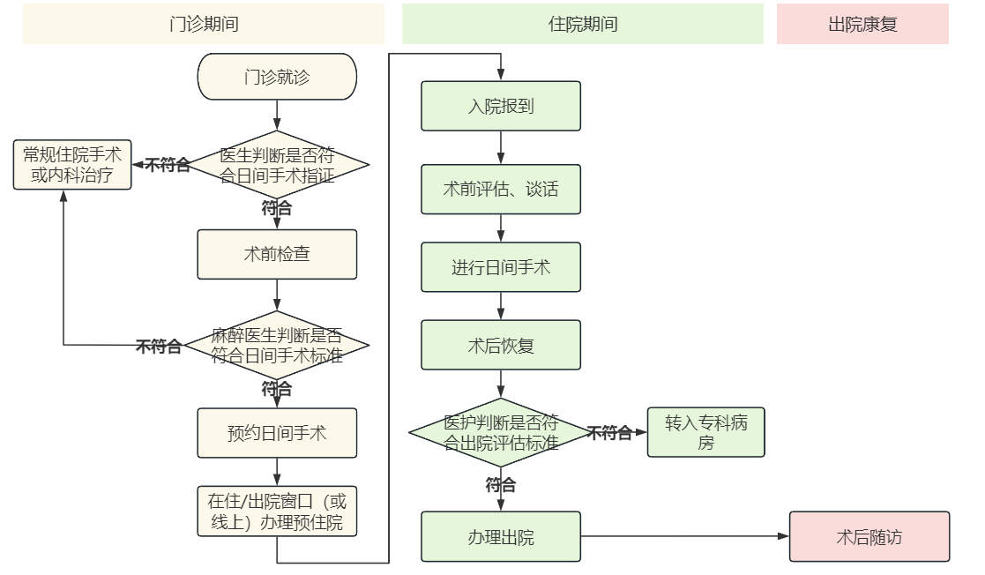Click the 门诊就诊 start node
[277, 77]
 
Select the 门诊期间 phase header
[204, 24]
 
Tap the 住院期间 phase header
[583, 24]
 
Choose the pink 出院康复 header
[862, 24]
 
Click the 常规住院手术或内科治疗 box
[72, 165]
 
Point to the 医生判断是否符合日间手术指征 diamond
[278, 165]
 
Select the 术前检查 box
[277, 254]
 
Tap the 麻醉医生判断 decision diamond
[278, 346]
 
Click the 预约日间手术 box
[277, 433]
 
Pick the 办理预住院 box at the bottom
[277, 512]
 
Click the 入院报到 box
[501, 106]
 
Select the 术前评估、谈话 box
[501, 189]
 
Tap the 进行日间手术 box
[501, 267]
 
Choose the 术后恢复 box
[501, 345]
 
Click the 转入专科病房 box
[705, 432]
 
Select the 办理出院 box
[501, 536]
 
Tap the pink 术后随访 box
[869, 536]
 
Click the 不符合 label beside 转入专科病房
[610, 433]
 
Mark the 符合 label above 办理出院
[501, 485]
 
